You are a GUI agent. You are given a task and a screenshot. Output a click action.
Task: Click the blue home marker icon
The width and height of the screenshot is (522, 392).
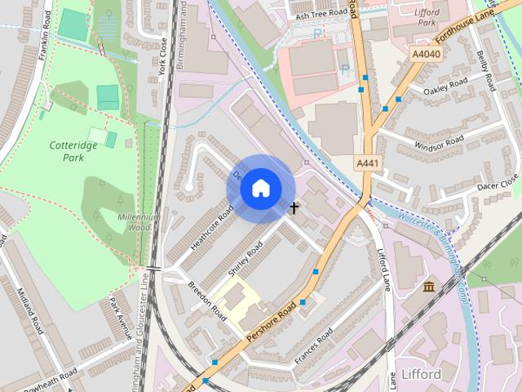[259, 188]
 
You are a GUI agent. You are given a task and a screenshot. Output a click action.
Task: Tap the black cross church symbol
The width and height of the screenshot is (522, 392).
[294, 208]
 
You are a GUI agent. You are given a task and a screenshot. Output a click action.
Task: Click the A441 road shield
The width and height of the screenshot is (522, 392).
[367, 164]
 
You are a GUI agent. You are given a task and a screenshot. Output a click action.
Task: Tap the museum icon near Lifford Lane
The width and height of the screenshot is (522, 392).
[429, 286]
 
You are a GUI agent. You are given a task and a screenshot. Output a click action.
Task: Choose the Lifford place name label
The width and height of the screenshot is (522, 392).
[422, 374]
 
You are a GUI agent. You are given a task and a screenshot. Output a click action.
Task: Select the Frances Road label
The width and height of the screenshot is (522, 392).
[314, 347]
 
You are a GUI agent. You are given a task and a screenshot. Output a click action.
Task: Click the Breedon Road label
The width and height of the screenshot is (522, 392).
[206, 300]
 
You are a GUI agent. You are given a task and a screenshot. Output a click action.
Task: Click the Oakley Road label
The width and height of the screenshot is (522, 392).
[446, 85]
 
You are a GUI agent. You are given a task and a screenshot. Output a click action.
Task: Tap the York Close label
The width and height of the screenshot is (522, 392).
[162, 56]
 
